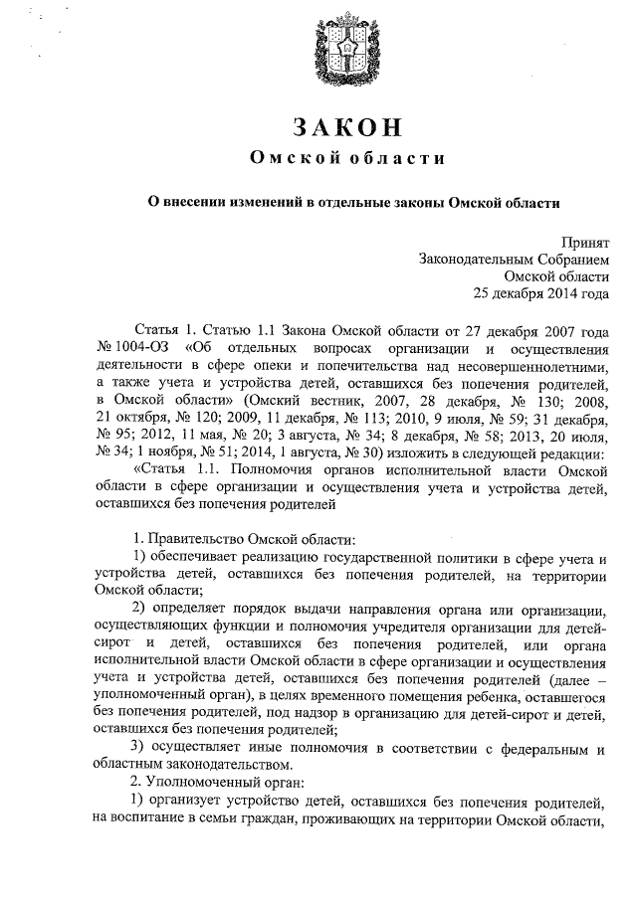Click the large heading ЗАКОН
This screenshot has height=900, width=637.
(x=347, y=127)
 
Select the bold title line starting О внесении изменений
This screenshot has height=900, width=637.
(x=347, y=200)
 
